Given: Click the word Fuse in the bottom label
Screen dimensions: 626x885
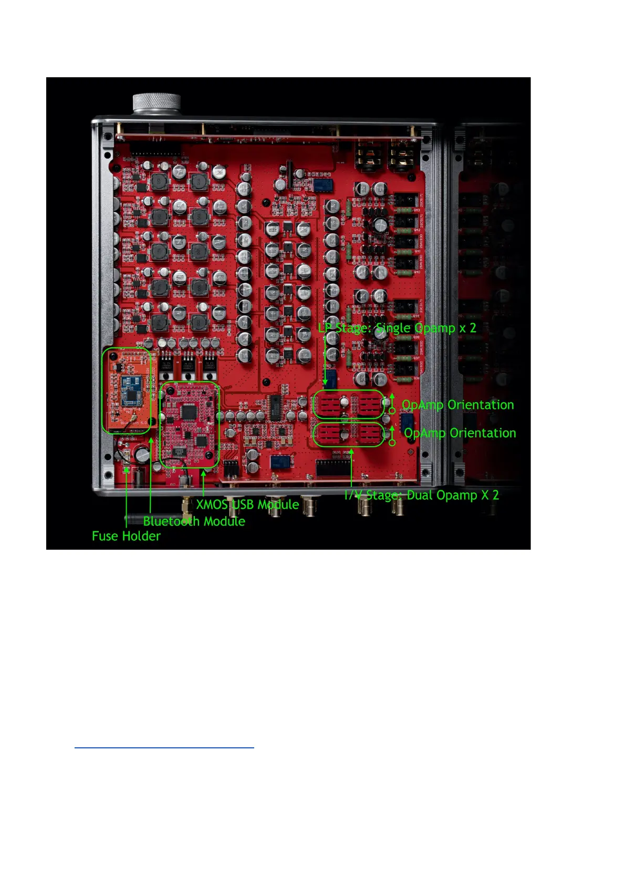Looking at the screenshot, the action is [x=103, y=536].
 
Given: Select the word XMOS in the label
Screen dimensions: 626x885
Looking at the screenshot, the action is [x=212, y=505].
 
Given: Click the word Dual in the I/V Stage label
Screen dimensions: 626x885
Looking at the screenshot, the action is [x=420, y=495].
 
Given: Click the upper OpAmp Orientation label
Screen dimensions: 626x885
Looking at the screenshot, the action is [x=457, y=405].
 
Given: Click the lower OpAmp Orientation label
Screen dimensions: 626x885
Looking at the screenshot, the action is [x=460, y=433].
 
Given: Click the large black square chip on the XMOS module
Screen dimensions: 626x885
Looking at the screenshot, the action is [x=187, y=413].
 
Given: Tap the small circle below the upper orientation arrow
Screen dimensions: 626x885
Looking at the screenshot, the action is [x=392, y=410].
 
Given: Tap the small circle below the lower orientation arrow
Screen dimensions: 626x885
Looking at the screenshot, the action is [x=392, y=442].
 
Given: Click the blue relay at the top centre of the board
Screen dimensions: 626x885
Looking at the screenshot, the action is [x=321, y=184].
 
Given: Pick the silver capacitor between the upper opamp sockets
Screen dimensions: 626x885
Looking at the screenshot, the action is [x=344, y=403].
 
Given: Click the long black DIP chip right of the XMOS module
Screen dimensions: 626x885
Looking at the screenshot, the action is [x=275, y=408].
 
